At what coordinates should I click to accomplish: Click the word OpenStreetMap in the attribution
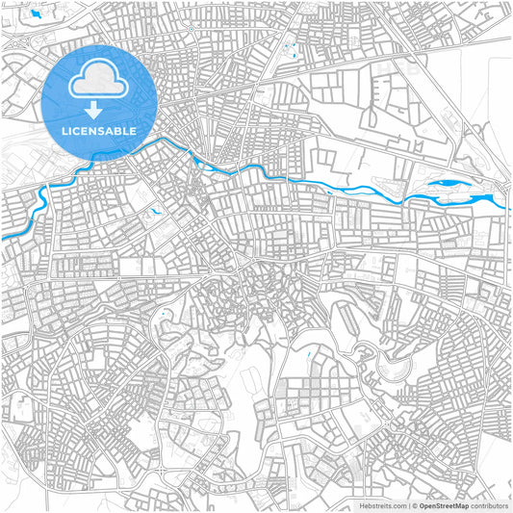pyautogui.click(x=444, y=504)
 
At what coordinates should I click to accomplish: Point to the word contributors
pyautogui.click(x=490, y=504)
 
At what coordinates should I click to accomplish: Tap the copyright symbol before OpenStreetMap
pyautogui.click(x=414, y=504)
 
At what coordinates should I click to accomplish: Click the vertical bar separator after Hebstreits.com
pyautogui.click(x=407, y=504)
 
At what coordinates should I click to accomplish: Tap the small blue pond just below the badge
pyautogui.click(x=153, y=209)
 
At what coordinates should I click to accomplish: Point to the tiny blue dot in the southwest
pyautogui.click(x=167, y=314)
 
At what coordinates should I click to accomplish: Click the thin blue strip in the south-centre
pyautogui.click(x=308, y=358)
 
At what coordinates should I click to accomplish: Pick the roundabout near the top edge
pyautogui.click(x=193, y=27)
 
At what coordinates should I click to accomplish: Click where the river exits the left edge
pyautogui.click(x=3, y=236)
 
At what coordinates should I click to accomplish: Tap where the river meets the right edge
pyautogui.click(x=507, y=204)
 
